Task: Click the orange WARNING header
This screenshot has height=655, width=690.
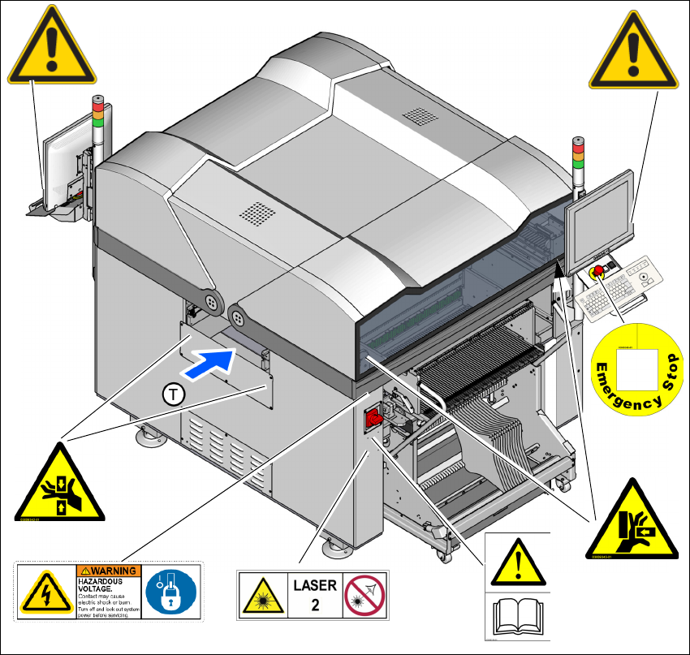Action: point(109,571)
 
